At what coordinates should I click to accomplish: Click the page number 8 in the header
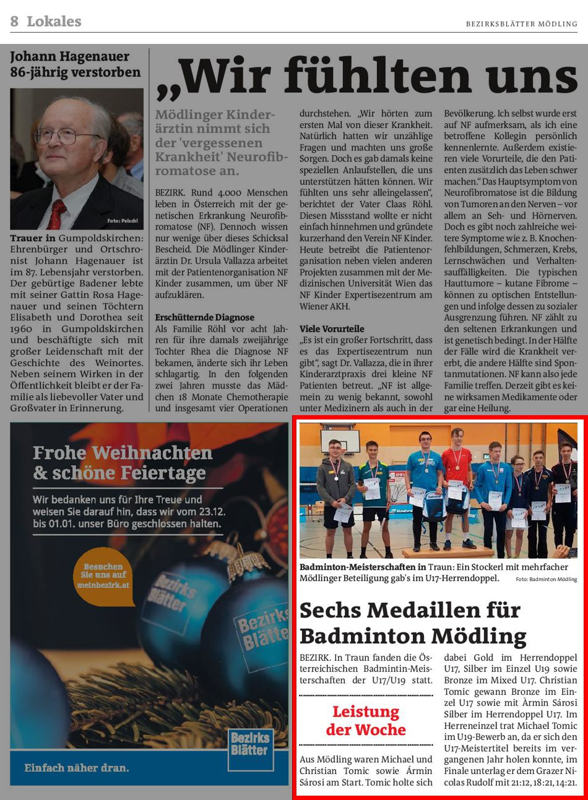(14, 22)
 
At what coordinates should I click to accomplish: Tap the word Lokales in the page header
(54, 22)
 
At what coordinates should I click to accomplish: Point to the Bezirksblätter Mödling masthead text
(521, 24)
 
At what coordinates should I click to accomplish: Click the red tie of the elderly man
(56, 213)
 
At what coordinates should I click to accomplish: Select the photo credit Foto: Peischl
(122, 221)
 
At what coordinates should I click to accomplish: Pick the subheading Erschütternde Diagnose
(204, 317)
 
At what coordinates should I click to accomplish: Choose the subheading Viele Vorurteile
(332, 329)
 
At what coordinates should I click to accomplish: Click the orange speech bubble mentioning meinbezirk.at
(103, 575)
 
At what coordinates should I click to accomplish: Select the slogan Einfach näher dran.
(77, 768)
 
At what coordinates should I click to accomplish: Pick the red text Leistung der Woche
(366, 720)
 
